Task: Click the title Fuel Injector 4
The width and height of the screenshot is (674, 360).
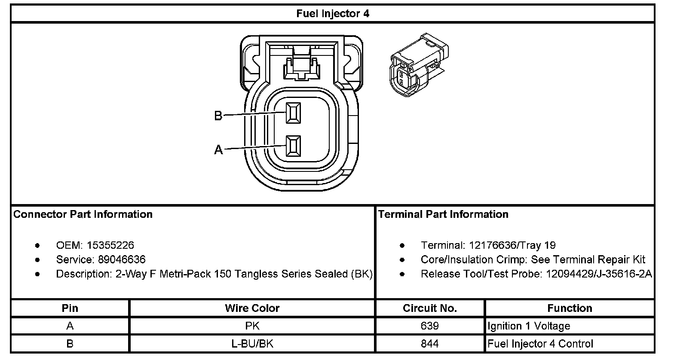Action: tap(332, 14)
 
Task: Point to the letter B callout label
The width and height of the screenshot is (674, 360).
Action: tap(218, 116)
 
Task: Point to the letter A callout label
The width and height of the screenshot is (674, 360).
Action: tap(218, 150)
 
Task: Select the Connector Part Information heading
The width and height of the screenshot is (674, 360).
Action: tap(83, 214)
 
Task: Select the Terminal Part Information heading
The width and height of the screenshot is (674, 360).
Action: tap(443, 214)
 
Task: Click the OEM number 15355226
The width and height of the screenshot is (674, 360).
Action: tap(110, 245)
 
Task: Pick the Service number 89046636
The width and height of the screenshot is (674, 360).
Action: tap(116, 259)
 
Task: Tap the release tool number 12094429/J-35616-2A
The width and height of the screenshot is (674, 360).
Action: tap(599, 274)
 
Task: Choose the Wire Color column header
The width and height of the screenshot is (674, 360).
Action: tap(252, 308)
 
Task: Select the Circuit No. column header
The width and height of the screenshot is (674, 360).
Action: tap(430, 308)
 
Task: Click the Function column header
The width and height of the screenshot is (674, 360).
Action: tap(570, 308)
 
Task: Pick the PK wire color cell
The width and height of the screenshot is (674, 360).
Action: tap(252, 326)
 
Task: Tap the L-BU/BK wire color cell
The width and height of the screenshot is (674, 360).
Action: tap(252, 344)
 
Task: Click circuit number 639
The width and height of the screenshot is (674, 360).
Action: tap(430, 326)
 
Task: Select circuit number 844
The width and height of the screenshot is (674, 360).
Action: tap(430, 344)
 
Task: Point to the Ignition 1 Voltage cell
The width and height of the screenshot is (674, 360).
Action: tap(529, 326)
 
